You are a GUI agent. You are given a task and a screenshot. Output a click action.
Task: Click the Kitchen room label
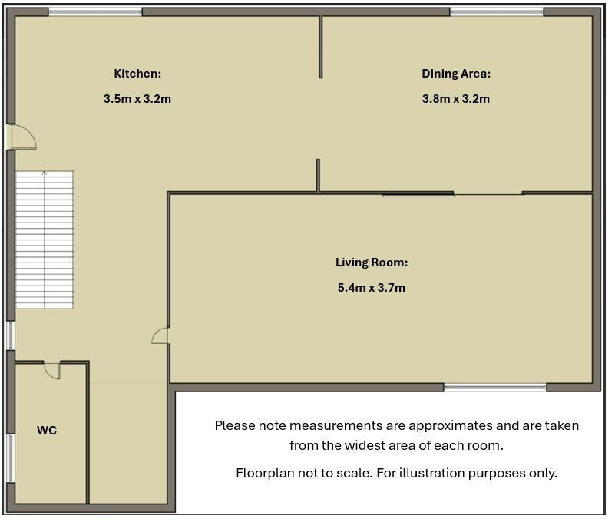[x=137, y=74]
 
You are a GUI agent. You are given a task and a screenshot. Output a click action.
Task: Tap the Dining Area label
[x=456, y=74]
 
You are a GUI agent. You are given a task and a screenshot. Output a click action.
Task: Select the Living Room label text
[x=372, y=263]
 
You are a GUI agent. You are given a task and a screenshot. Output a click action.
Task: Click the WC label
[x=47, y=430]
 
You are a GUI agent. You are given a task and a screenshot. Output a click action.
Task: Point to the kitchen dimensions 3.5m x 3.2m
[x=137, y=98]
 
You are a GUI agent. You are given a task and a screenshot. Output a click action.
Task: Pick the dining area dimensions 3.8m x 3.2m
[x=456, y=98]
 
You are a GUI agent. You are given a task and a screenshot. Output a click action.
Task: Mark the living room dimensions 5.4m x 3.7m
[x=372, y=287]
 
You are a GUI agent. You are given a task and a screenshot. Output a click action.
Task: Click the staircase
[x=45, y=240]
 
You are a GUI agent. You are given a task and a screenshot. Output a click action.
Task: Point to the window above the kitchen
[x=95, y=12]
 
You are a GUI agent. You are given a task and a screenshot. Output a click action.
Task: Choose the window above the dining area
[x=497, y=12]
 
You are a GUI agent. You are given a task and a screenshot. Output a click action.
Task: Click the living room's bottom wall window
[x=495, y=388]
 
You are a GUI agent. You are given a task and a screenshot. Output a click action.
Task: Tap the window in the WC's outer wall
[x=11, y=458]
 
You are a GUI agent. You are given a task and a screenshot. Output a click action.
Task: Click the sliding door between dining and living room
[x=418, y=193]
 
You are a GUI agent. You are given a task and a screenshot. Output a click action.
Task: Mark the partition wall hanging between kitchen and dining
[x=320, y=47]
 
